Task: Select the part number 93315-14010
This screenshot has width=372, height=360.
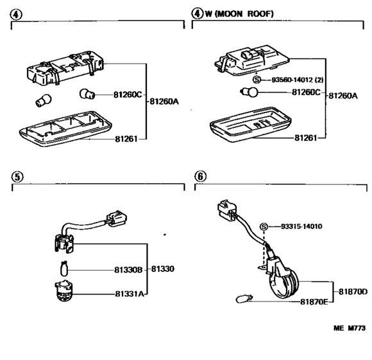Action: [x=301, y=226]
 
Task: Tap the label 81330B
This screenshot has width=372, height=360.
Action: [x=128, y=270]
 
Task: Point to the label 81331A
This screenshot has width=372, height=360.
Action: [x=130, y=294]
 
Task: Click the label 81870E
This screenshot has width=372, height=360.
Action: [x=314, y=302]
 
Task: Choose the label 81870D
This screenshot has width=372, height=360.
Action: [x=353, y=291]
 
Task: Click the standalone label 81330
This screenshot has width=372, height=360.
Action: [x=163, y=269]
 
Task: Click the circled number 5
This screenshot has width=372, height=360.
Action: [x=17, y=177]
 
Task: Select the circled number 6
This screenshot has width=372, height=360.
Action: [x=201, y=176]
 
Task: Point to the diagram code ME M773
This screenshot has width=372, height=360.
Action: [x=350, y=328]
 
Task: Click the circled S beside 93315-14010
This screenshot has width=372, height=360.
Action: [x=264, y=226]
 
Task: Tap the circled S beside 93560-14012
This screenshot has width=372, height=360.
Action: [x=257, y=80]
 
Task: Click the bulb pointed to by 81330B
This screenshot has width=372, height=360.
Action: [x=64, y=269]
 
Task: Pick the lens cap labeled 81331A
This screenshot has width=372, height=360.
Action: [x=63, y=291]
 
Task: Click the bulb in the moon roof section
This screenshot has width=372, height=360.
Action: [x=249, y=92]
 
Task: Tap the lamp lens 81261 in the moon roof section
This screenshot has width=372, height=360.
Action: [x=251, y=125]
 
